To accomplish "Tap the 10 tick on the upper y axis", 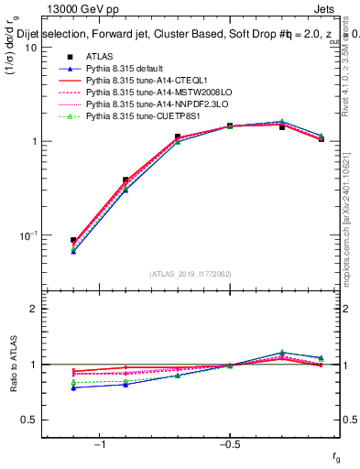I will pos(32,48).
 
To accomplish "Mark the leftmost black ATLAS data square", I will pos(73,240).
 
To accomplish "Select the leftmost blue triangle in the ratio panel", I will pos(73,387).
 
